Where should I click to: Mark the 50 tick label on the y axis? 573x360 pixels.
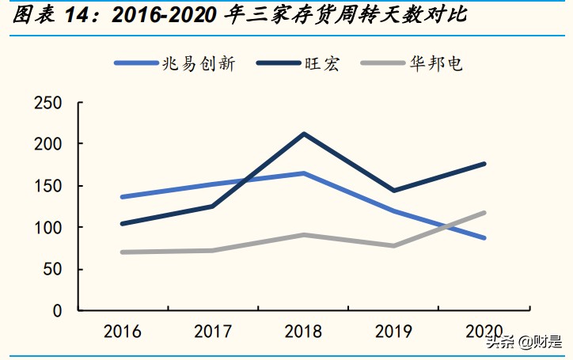(x=51, y=269)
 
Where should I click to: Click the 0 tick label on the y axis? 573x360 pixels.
(x=56, y=311)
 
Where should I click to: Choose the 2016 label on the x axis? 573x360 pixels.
(x=122, y=331)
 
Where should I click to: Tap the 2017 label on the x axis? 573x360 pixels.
(x=213, y=331)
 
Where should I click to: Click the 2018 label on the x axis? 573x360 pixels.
(x=304, y=331)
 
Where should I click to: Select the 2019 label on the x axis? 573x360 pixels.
(x=393, y=331)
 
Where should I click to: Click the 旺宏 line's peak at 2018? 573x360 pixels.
(x=304, y=134)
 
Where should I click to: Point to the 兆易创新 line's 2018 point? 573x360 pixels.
(x=304, y=173)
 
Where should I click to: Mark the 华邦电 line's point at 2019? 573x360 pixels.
(x=393, y=245)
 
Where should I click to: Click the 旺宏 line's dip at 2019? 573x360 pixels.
(x=393, y=191)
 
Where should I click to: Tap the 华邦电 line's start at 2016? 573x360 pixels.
(x=122, y=252)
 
